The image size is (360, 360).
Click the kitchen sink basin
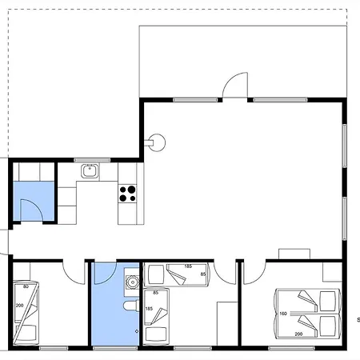click(x=90, y=171)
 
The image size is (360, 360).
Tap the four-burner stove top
click(x=127, y=194)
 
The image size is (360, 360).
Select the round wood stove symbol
click(x=156, y=142)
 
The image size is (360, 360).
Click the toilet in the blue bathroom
click(x=131, y=306)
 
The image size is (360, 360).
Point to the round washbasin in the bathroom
click(x=132, y=282)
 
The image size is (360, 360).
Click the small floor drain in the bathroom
click(x=137, y=331)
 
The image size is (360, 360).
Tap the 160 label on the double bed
click(x=283, y=314)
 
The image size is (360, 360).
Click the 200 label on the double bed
click(x=298, y=334)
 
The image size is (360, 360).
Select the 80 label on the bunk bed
click(x=26, y=286)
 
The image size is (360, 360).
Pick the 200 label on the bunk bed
click(x=19, y=306)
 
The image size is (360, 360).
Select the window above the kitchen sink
click(x=92, y=160)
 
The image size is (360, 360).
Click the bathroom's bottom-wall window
click(x=115, y=348)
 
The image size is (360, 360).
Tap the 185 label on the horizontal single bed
click(x=188, y=266)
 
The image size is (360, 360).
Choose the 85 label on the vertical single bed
click(x=156, y=293)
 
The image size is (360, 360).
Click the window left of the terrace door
click(x=195, y=100)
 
